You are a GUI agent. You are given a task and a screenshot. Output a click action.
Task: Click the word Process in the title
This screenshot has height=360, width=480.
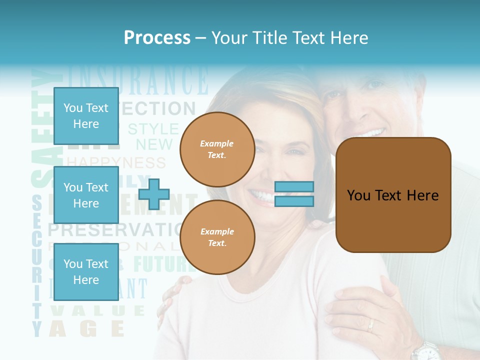point(157,38)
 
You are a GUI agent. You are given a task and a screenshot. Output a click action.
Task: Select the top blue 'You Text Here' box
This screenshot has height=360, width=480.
point(86,116)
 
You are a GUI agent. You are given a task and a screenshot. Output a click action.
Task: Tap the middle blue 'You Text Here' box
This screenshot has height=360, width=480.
point(86,195)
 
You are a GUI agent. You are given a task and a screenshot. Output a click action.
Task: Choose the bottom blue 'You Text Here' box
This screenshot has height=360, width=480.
point(86,271)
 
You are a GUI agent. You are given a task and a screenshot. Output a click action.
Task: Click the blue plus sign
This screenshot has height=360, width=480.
point(154,194)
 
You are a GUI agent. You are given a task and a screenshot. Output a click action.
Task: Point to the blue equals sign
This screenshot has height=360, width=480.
point(294,194)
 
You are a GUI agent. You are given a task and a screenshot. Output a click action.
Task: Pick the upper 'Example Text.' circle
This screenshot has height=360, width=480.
point(217,149)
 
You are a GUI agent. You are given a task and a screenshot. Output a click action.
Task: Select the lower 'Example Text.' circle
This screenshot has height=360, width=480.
point(217,237)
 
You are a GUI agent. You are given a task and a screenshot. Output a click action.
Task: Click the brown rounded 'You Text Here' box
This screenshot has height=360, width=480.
point(393,195)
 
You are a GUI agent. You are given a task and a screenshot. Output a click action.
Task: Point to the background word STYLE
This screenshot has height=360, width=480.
point(153,129)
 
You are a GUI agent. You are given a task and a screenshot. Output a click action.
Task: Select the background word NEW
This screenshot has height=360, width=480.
point(154,145)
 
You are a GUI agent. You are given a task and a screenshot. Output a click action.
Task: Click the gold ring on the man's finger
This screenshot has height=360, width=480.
point(370,325)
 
